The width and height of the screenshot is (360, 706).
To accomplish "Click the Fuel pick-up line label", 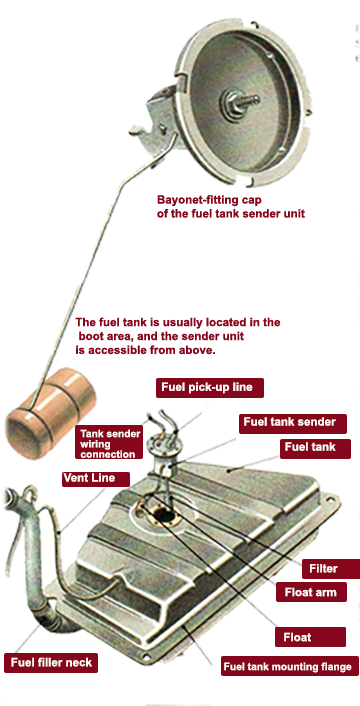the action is point(210,387).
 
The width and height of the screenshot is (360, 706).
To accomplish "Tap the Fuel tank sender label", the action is point(292,423).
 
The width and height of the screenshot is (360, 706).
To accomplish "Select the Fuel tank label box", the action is point(315,448).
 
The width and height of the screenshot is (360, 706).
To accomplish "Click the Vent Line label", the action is point(95,479).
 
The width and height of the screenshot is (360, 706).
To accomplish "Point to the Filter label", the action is point(331,569).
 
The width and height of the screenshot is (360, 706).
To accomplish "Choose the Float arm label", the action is point(311,592).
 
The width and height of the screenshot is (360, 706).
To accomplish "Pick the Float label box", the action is point(310,637).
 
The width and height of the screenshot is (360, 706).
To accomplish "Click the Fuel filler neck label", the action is point(51,662).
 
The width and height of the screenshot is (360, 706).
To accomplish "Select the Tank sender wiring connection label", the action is point(108,444).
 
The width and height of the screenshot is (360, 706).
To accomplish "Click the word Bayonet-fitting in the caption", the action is point(194,199).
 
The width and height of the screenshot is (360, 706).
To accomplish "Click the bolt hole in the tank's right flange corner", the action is point(331,499).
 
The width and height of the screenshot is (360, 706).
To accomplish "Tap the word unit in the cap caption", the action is point(294,213).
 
